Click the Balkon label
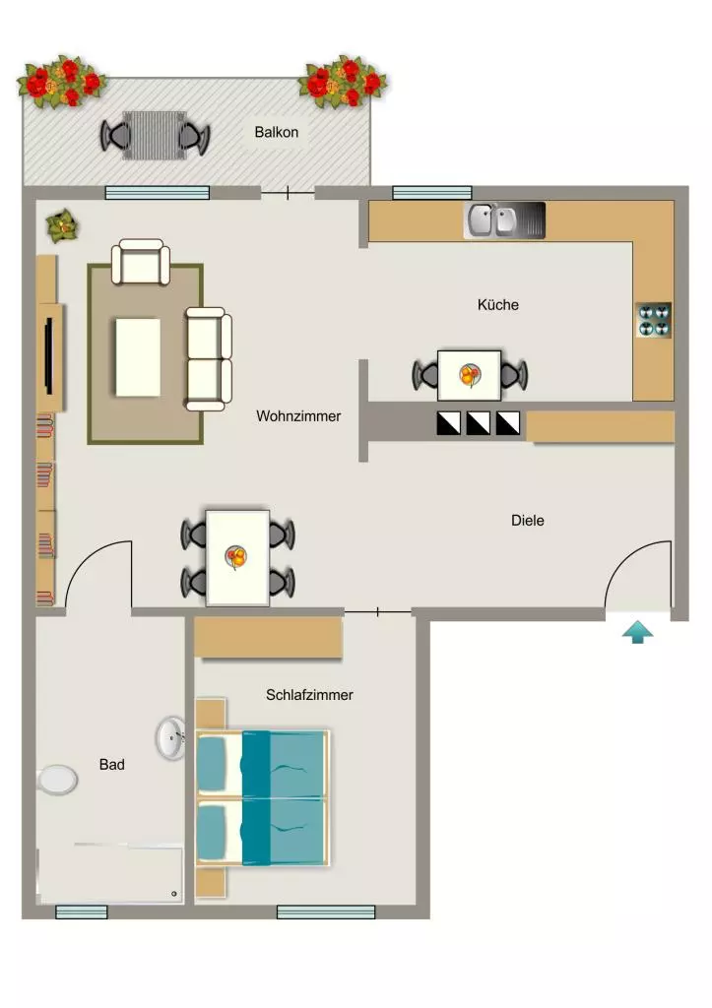[276, 132]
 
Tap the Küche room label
[498, 305]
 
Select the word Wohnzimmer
[298, 416]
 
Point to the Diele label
[528, 520]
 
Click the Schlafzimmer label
[309, 695]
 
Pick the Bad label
[112, 764]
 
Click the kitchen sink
[504, 220]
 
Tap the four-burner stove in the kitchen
[654, 320]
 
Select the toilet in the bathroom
[57, 780]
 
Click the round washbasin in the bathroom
[170, 738]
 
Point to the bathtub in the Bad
[110, 875]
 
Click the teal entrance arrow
[637, 632]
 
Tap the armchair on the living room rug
[141, 262]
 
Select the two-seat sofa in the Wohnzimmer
[209, 358]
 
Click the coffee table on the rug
[138, 357]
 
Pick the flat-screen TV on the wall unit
[48, 355]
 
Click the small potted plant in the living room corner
[62, 226]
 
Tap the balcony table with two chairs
[155, 136]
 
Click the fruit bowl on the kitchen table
[470, 375]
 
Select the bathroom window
[81, 912]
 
